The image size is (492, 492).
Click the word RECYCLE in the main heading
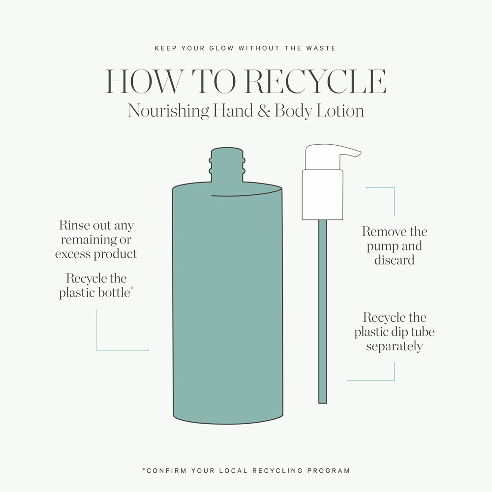(316, 81)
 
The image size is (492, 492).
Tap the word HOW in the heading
(144, 81)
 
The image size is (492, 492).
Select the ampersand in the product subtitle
(264, 111)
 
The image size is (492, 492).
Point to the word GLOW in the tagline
(222, 48)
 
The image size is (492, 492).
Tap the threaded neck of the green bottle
(227, 165)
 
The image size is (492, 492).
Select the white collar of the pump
(322, 194)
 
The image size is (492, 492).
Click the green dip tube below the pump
(323, 311)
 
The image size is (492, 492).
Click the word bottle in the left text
(114, 293)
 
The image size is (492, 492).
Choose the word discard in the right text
(395, 260)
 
